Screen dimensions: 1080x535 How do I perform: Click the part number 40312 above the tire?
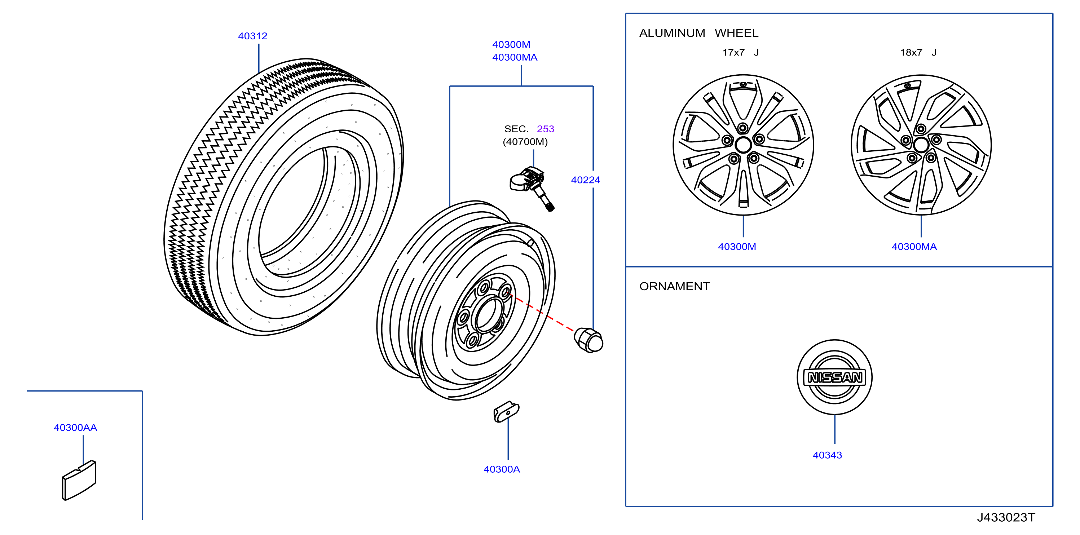(x=252, y=36)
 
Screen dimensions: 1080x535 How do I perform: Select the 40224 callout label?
(x=585, y=180)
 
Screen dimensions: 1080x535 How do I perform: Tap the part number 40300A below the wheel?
(x=502, y=469)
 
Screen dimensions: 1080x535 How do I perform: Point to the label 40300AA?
(x=75, y=427)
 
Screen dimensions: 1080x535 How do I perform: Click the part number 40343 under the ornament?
(x=827, y=455)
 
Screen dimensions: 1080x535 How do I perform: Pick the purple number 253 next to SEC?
(x=546, y=129)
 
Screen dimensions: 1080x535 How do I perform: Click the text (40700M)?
(x=525, y=142)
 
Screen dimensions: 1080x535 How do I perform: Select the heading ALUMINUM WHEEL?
(x=698, y=33)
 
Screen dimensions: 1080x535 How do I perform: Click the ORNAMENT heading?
(x=675, y=286)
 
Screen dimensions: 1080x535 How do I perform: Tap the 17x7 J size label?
(x=740, y=52)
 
